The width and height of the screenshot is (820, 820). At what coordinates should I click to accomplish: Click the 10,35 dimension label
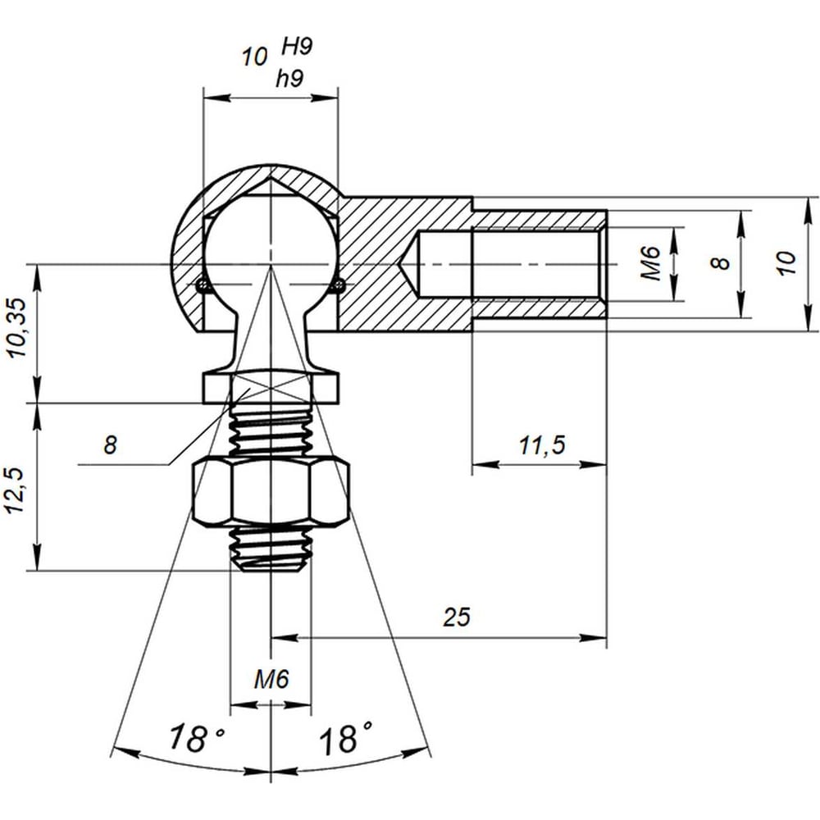point(18,328)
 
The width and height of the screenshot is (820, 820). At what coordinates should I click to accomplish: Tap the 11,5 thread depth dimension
point(542,445)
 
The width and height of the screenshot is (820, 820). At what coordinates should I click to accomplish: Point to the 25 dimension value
point(457,617)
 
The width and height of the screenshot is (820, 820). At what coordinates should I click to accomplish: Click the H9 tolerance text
point(297,47)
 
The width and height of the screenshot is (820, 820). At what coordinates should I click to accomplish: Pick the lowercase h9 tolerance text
point(289,79)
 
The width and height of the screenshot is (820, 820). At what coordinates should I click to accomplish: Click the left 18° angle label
point(196,738)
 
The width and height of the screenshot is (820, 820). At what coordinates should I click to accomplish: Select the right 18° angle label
point(346,738)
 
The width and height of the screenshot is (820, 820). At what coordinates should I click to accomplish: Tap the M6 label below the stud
point(271,679)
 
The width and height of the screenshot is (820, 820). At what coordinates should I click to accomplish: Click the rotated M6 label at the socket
point(651,264)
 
